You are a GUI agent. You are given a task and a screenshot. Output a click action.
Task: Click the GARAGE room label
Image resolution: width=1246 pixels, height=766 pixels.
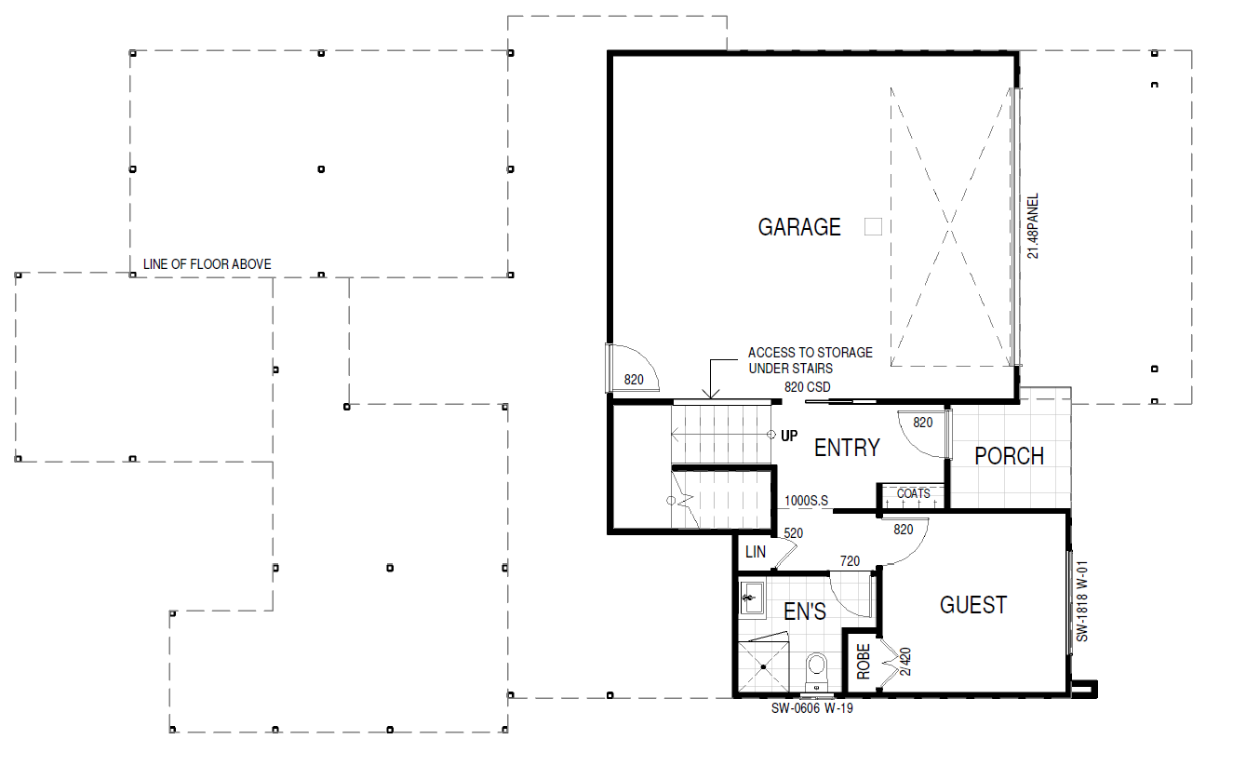tap(799, 227)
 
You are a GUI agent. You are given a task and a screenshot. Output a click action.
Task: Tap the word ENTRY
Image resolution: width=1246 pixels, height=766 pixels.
tap(847, 448)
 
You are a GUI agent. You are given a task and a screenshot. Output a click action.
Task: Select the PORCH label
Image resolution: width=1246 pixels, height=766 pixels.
tap(1009, 456)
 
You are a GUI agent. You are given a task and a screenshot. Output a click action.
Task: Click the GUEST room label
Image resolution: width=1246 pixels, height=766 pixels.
tap(973, 605)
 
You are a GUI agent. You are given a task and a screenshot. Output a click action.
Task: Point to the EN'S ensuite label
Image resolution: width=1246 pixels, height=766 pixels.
tap(805, 611)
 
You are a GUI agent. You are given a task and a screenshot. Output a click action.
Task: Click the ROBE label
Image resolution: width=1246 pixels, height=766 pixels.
tap(864, 662)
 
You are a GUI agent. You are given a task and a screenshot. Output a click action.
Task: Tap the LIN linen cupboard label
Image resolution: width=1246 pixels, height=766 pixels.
tap(756, 552)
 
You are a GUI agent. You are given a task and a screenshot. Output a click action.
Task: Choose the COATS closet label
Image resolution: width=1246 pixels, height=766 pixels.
tap(914, 493)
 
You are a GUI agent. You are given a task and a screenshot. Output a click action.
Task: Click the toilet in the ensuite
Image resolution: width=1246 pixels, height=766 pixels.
tap(817, 672)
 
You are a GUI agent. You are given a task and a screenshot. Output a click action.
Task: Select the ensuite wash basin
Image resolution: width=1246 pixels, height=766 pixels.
tap(752, 598)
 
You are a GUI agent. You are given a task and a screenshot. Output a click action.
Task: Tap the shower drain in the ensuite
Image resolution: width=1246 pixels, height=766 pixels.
tap(764, 667)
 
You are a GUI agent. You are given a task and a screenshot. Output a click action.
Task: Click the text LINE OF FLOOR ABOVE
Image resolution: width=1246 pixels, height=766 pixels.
tap(207, 264)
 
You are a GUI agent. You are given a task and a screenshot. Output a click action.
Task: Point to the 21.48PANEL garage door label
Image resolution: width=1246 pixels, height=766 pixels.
tap(1032, 226)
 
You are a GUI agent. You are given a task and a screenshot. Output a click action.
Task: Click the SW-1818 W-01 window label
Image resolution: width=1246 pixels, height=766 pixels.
tap(1082, 600)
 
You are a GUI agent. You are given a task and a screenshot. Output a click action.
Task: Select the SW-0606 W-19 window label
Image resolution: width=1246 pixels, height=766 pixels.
tap(812, 708)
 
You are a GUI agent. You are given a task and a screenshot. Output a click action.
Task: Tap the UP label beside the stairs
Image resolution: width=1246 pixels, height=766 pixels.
tap(789, 437)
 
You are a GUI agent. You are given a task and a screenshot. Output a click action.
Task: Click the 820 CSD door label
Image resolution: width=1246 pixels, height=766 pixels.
tap(807, 387)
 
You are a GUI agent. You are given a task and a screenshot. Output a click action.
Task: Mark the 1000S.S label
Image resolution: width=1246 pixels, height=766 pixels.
tap(806, 501)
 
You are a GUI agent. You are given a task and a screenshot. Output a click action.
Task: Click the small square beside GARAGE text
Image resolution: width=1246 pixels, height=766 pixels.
tap(873, 226)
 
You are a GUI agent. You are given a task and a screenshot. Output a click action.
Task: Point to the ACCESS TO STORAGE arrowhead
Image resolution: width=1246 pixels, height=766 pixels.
tap(711, 396)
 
